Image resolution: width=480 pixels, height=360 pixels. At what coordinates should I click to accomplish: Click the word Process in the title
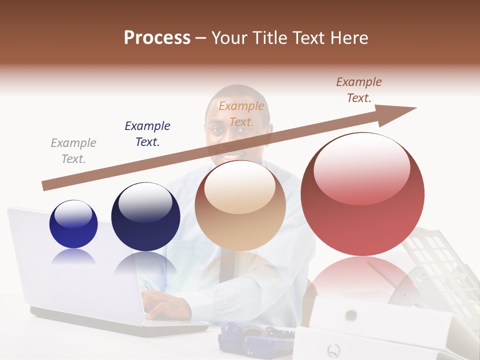[157, 38]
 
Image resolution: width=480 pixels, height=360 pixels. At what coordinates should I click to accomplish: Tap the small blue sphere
[73, 224]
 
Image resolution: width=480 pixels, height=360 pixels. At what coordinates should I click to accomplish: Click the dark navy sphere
[145, 217]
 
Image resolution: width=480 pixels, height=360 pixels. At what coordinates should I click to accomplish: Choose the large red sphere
[362, 194]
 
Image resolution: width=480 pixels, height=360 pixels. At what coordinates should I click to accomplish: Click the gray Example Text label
[73, 151]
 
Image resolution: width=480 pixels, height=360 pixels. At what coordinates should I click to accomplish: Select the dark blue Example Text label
[147, 134]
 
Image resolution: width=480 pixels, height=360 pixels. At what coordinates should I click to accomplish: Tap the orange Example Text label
[241, 114]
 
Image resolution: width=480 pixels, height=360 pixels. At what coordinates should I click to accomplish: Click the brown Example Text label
[359, 90]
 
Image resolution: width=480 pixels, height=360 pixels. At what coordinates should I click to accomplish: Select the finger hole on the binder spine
[351, 315]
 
